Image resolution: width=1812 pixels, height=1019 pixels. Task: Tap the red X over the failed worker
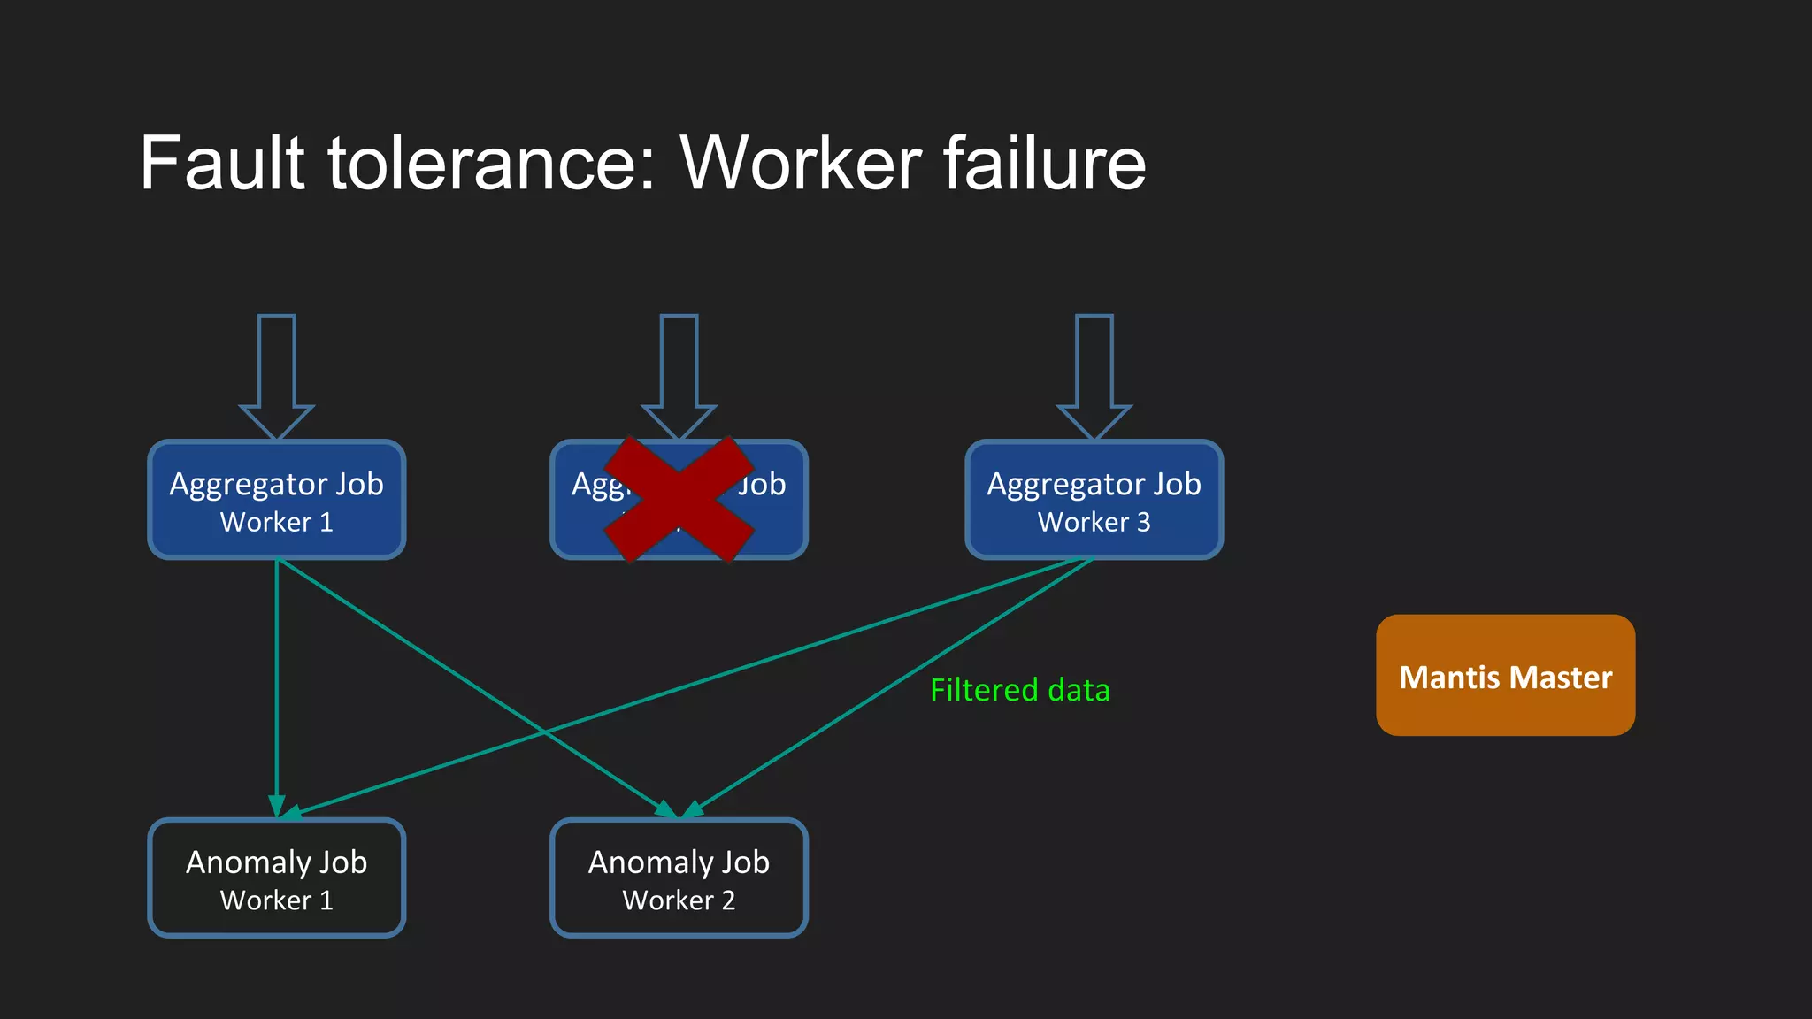pyautogui.click(x=679, y=499)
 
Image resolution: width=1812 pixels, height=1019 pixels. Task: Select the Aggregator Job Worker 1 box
pyautogui.click(x=276, y=500)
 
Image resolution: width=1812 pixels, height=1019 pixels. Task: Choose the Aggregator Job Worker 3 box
pyautogui.click(x=1094, y=500)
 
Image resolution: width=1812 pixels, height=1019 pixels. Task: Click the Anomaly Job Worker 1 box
pyautogui.click(x=276, y=877)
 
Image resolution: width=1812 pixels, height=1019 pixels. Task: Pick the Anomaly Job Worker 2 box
pyautogui.click(x=679, y=877)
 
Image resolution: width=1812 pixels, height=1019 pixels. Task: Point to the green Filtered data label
pyautogui.click(x=1019, y=690)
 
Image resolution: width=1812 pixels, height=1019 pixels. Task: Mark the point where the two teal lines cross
pyautogui.click(x=546, y=732)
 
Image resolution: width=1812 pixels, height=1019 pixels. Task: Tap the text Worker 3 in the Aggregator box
pyautogui.click(x=1094, y=522)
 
